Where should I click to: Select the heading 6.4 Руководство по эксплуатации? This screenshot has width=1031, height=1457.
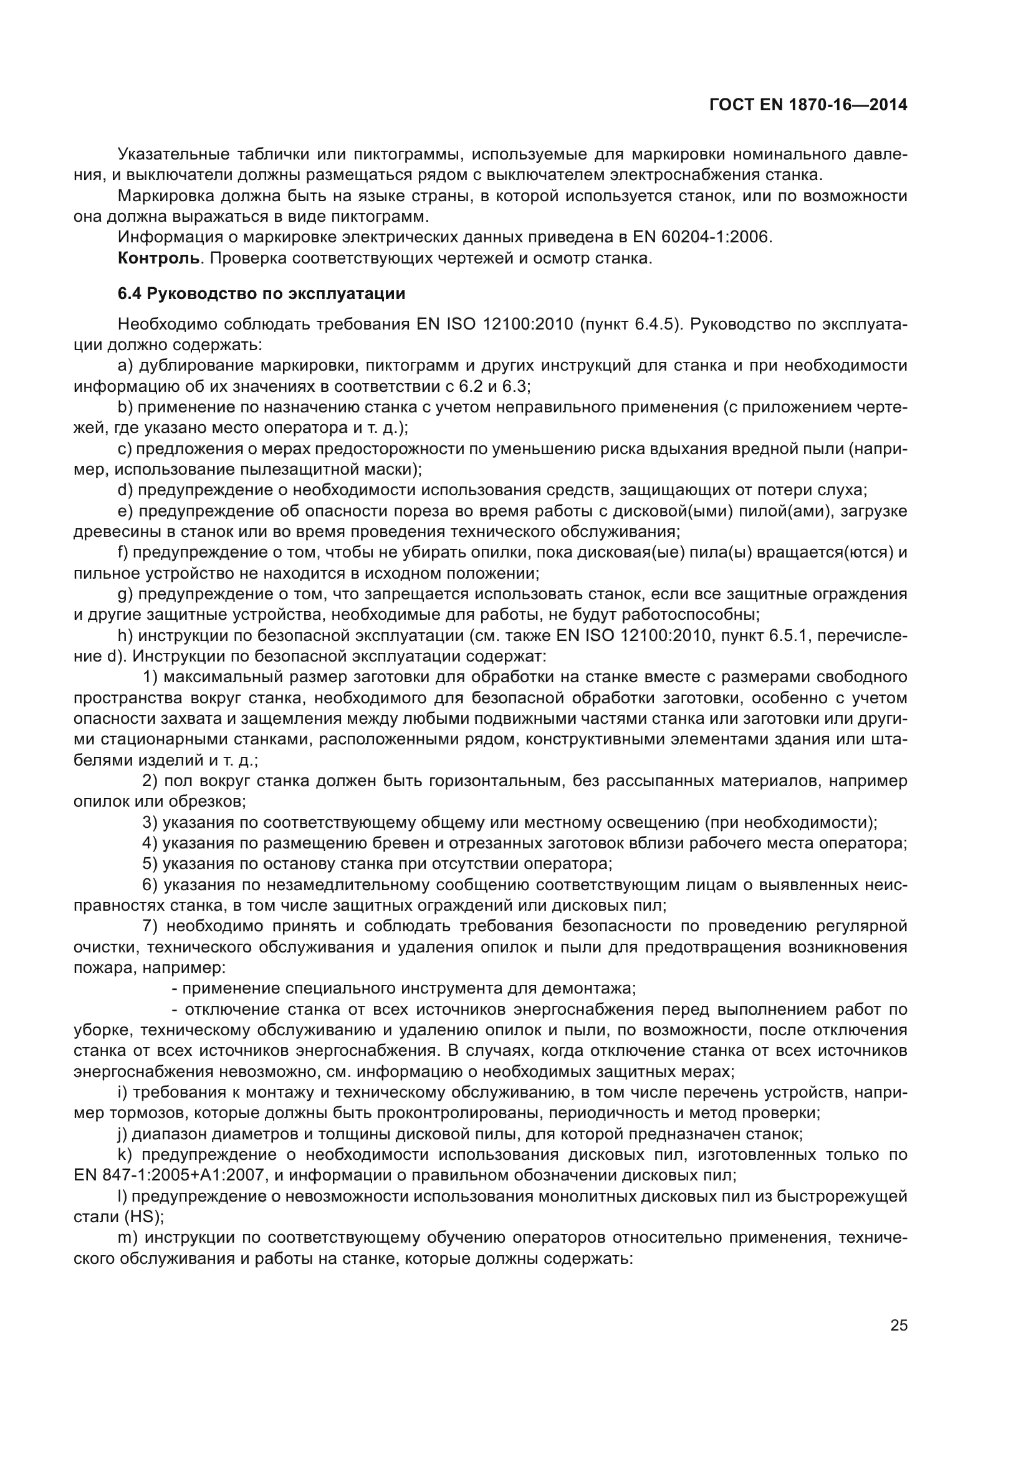261,294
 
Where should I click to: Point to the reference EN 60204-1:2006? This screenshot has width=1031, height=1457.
701,237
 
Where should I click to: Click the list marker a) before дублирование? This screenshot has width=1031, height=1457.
125,366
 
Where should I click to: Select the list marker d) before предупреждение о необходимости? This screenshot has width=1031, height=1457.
125,490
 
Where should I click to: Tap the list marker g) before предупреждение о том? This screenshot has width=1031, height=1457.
125,594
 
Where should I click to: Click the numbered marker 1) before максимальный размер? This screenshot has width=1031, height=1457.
150,677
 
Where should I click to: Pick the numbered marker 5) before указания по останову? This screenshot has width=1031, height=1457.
150,863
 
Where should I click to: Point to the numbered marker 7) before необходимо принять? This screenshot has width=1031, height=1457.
150,926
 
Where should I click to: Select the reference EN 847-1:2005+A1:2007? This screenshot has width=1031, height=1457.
169,1175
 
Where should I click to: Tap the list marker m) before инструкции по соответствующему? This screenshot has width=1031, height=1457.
127,1238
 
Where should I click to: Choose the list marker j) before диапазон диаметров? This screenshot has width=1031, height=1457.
123,1133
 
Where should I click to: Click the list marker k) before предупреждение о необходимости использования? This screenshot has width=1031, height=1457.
126,1154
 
